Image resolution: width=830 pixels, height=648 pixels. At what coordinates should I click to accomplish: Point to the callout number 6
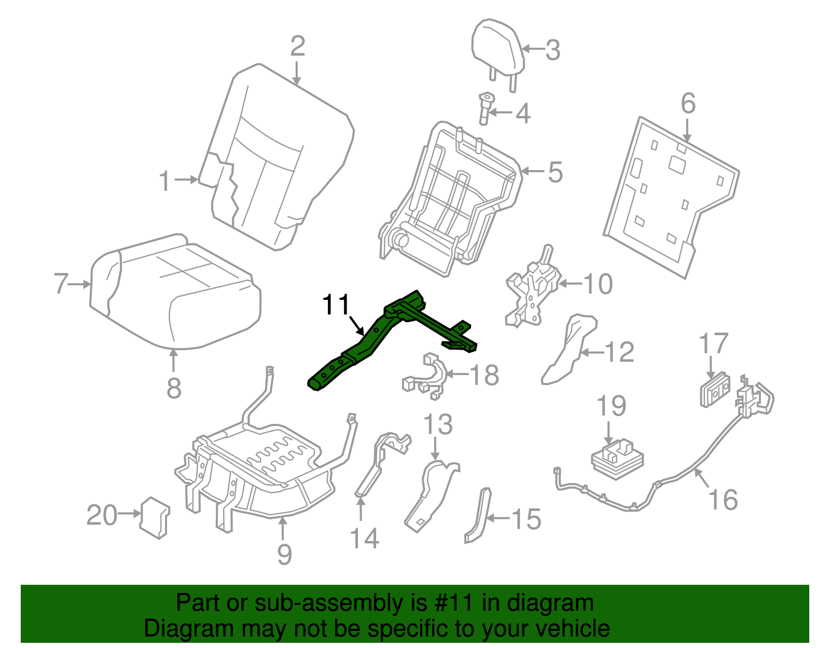pos(688,103)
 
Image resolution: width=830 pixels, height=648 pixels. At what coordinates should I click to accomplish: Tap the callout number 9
pos(284,554)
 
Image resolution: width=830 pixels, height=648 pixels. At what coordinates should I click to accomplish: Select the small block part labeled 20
pos(155,517)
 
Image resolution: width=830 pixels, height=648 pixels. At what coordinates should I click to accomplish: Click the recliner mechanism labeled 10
pos(532,293)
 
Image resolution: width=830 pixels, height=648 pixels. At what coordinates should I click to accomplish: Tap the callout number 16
pos(723,500)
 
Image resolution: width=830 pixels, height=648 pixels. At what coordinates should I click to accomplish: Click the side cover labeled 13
pos(431,493)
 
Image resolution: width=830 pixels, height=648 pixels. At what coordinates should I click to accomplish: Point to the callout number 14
pos(365,538)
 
